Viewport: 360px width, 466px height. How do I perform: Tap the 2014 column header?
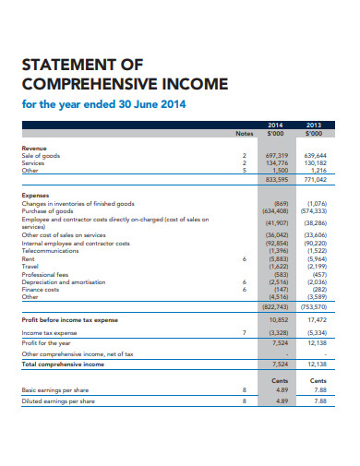click(276, 124)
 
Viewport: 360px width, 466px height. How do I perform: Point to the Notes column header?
click(243, 133)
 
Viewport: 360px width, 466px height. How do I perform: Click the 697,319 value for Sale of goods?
click(277, 156)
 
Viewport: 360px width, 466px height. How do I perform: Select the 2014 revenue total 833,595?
click(277, 178)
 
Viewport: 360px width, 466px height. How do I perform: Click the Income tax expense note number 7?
click(244, 331)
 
